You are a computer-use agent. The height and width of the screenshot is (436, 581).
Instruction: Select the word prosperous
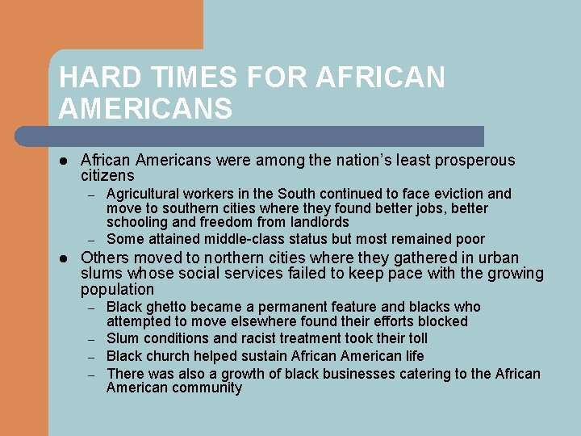[x=474, y=161]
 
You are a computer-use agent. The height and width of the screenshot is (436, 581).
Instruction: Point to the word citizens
[x=107, y=175]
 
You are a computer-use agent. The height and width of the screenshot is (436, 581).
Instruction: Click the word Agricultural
[x=143, y=194]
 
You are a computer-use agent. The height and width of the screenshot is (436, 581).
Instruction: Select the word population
[x=117, y=289]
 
